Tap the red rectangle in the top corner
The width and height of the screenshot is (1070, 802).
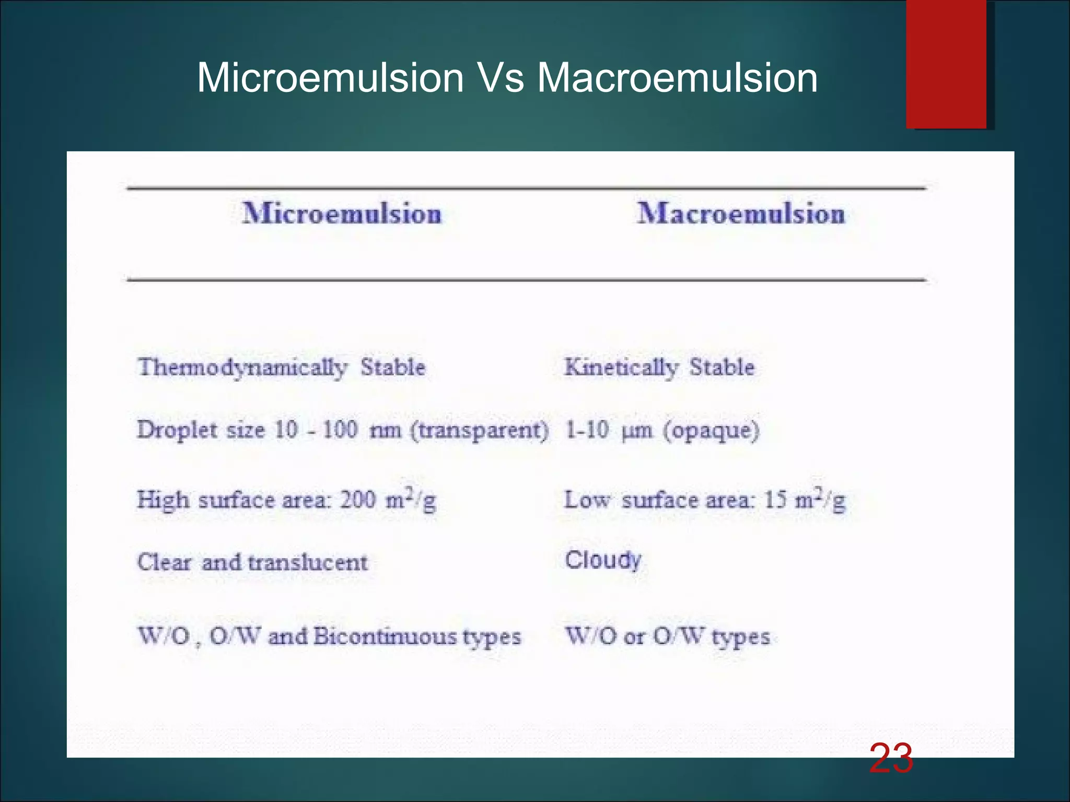tap(946, 64)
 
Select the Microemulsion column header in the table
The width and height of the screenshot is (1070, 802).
tap(342, 214)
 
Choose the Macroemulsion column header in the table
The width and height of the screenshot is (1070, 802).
tap(741, 214)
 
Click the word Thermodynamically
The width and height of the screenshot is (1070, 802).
tap(242, 368)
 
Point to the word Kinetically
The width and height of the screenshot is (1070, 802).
tap(621, 368)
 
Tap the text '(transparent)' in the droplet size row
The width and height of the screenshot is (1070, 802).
tap(480, 430)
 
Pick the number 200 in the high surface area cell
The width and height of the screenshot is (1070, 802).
tap(358, 500)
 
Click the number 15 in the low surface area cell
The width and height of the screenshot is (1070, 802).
tap(775, 500)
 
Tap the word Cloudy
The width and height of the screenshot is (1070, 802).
tap(603, 560)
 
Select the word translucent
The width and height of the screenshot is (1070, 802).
tap(308, 563)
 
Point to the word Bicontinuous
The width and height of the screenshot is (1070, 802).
tap(385, 636)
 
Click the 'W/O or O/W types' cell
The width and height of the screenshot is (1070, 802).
tap(668, 636)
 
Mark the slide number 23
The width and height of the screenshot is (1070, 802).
tap(891, 759)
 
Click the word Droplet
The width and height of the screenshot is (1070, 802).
tap(177, 430)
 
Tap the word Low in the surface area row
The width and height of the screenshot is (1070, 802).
tap(587, 500)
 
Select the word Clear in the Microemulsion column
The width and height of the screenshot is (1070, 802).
tap(164, 563)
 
